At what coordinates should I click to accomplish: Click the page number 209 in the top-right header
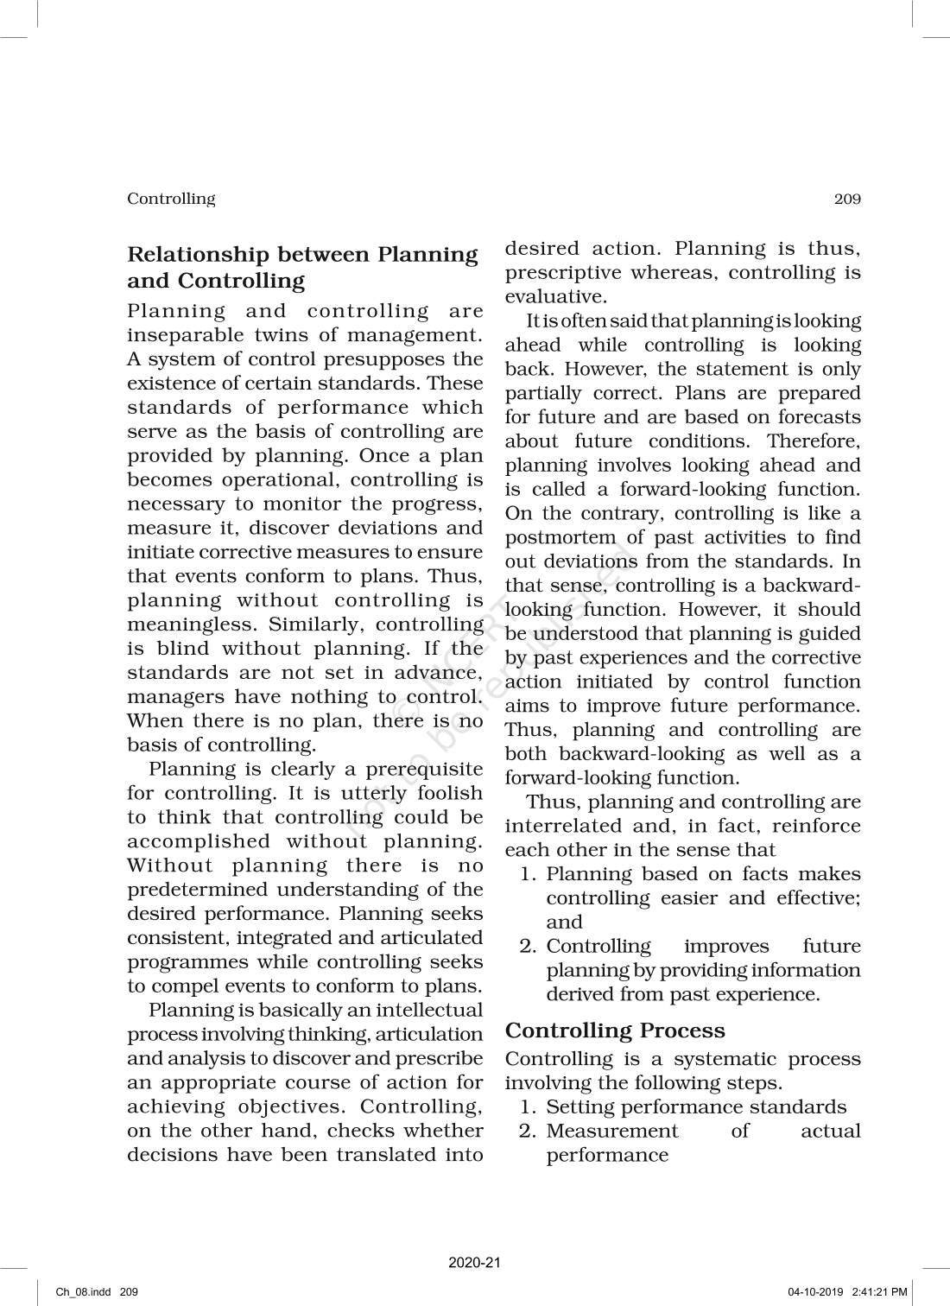pyautogui.click(x=847, y=200)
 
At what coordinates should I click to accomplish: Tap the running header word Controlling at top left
pyautogui.click(x=171, y=199)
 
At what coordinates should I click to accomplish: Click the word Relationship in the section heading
pyautogui.click(x=199, y=255)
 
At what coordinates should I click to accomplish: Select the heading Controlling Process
pyautogui.click(x=615, y=1030)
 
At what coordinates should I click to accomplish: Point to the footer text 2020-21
pyautogui.click(x=475, y=1263)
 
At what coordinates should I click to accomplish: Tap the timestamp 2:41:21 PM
pyautogui.click(x=879, y=1292)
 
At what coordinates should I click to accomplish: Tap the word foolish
pyautogui.click(x=449, y=793)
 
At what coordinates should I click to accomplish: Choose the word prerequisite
pyautogui.click(x=423, y=769)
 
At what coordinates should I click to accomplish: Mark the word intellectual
pyautogui.click(x=423, y=1010)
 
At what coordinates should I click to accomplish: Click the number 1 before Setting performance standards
pyautogui.click(x=526, y=1106)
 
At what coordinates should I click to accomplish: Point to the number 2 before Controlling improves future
pyautogui.click(x=526, y=946)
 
